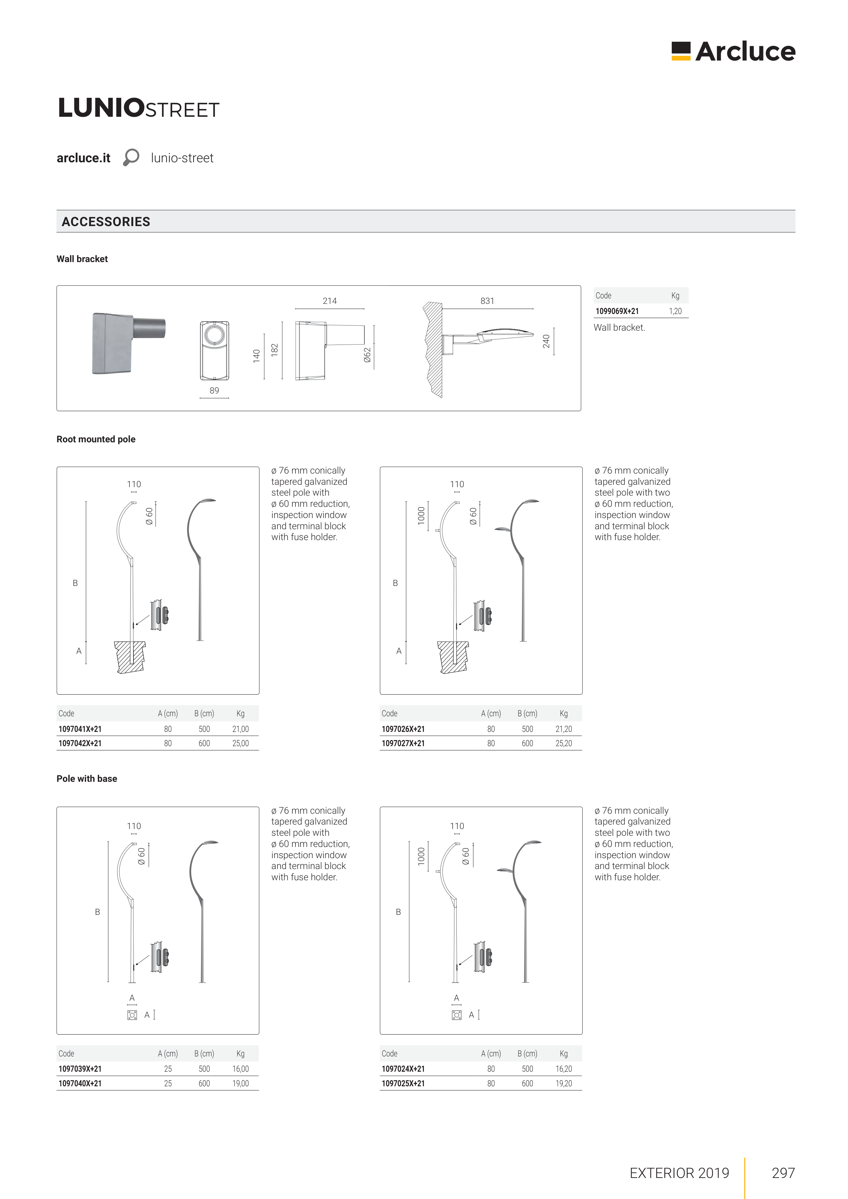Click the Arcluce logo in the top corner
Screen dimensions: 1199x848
point(733,52)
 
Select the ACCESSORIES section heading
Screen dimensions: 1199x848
point(106,222)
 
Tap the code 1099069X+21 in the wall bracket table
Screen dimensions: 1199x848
point(617,311)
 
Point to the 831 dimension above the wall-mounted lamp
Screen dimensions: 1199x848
point(487,301)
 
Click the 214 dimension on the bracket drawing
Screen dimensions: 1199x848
point(330,301)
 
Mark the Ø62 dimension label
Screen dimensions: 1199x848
point(367,355)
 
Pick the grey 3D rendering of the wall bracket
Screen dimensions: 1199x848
point(128,343)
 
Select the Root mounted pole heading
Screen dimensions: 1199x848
point(96,439)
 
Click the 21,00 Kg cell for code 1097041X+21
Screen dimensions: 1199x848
point(240,729)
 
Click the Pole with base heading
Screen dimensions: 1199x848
point(87,779)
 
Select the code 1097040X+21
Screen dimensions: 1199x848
point(80,1084)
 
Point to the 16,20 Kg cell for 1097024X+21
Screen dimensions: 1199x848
point(564,1069)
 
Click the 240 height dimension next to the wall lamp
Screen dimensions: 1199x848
point(546,342)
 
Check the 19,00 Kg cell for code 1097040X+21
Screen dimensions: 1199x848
point(240,1084)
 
